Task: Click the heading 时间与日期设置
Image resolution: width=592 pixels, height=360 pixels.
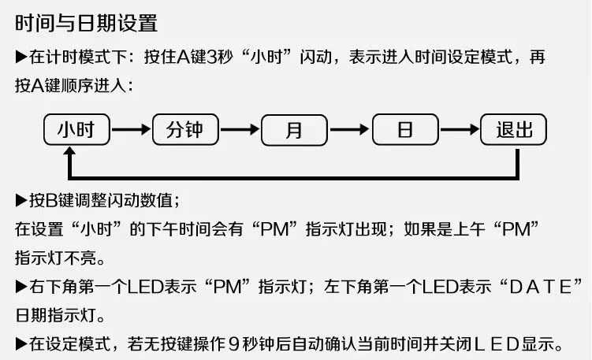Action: click(86, 23)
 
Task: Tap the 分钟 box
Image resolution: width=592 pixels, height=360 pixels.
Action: click(185, 129)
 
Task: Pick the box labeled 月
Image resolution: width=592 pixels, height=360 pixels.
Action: click(294, 129)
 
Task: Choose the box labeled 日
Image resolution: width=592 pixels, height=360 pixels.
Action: click(405, 129)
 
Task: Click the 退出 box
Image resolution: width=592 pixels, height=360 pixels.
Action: click(513, 129)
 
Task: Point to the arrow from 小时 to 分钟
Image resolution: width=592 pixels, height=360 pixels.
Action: click(130, 129)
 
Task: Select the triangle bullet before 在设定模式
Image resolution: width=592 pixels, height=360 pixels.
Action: click(21, 343)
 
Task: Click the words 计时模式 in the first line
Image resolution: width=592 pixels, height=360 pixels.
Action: click(79, 58)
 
